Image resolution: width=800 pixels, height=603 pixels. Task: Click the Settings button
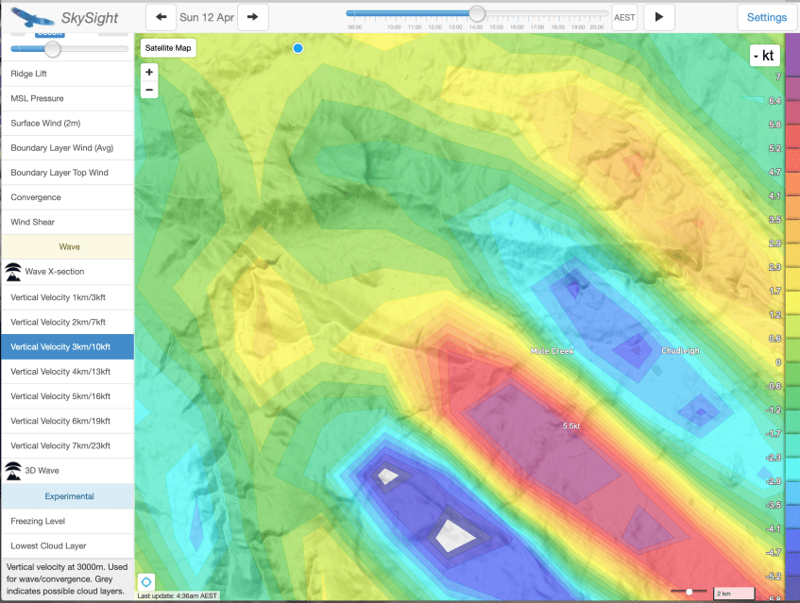pyautogui.click(x=766, y=17)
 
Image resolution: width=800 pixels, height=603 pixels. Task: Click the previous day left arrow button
pyautogui.click(x=162, y=17)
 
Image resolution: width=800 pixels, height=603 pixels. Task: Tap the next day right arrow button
pyautogui.click(x=252, y=17)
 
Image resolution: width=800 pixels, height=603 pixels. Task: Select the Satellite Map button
pyautogui.click(x=168, y=47)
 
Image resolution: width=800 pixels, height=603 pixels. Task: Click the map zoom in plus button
pyautogui.click(x=149, y=72)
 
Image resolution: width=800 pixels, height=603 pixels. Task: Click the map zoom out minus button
pyautogui.click(x=149, y=90)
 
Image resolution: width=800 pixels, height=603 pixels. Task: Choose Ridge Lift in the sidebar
pyautogui.click(x=28, y=74)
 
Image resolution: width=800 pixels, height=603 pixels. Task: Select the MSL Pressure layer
pyautogui.click(x=37, y=98)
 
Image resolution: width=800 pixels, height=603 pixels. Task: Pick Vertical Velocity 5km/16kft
pyautogui.click(x=60, y=395)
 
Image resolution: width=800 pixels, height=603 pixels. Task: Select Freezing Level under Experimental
pyautogui.click(x=39, y=521)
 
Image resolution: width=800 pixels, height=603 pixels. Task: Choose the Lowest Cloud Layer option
pyautogui.click(x=48, y=545)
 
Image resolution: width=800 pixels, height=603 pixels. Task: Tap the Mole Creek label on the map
pyautogui.click(x=553, y=351)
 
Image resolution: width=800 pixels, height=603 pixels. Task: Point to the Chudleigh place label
pyautogui.click(x=680, y=351)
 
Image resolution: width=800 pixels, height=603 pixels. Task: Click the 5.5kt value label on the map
pyautogui.click(x=570, y=427)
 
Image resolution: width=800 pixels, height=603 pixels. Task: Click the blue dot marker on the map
pyautogui.click(x=298, y=48)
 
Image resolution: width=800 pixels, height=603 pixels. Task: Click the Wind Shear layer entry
pyautogui.click(x=32, y=222)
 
